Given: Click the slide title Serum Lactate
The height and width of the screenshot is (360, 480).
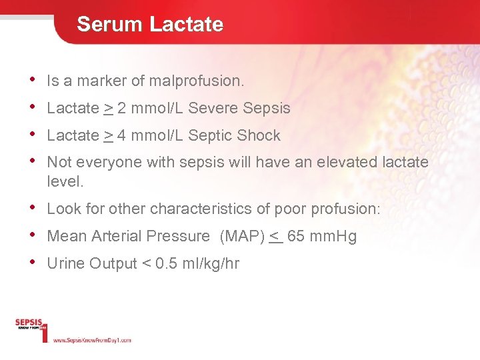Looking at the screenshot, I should pyautogui.click(x=150, y=25).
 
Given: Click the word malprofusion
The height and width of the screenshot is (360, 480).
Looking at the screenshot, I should pyautogui.click(x=197, y=81).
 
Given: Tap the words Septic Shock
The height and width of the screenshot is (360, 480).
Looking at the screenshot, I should pyautogui.click(x=234, y=135).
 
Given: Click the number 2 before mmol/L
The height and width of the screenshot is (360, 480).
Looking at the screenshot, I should pyautogui.click(x=121, y=108).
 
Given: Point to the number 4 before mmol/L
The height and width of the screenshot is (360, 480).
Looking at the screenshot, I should pyautogui.click(x=121, y=135).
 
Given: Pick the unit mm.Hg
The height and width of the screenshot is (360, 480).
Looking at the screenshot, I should pyautogui.click(x=333, y=236).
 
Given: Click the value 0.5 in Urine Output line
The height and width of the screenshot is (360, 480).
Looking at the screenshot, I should pyautogui.click(x=165, y=263).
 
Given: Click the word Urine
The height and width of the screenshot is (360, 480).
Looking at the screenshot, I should pyautogui.click(x=65, y=263).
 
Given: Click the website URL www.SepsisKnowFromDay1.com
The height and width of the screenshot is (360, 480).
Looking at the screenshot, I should pyautogui.click(x=92, y=340).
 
